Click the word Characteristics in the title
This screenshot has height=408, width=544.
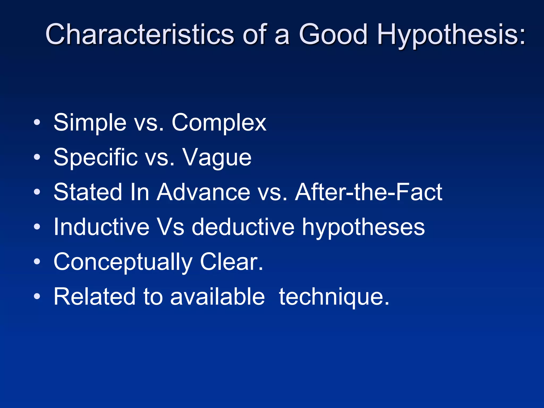pyautogui.click(x=139, y=35)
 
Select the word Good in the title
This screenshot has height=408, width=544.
pyautogui.click(x=333, y=35)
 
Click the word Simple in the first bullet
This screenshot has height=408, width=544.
pyautogui.click(x=90, y=123)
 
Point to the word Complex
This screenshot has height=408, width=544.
pyautogui.click(x=219, y=123)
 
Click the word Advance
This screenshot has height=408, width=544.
pyautogui.click(x=203, y=192)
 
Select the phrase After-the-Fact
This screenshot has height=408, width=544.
pyautogui.click(x=369, y=192)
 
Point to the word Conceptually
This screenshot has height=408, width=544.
pyautogui.click(x=123, y=262)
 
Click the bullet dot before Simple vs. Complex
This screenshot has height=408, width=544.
pyautogui.click(x=37, y=122)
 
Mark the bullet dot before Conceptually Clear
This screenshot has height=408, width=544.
pyautogui.click(x=37, y=262)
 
